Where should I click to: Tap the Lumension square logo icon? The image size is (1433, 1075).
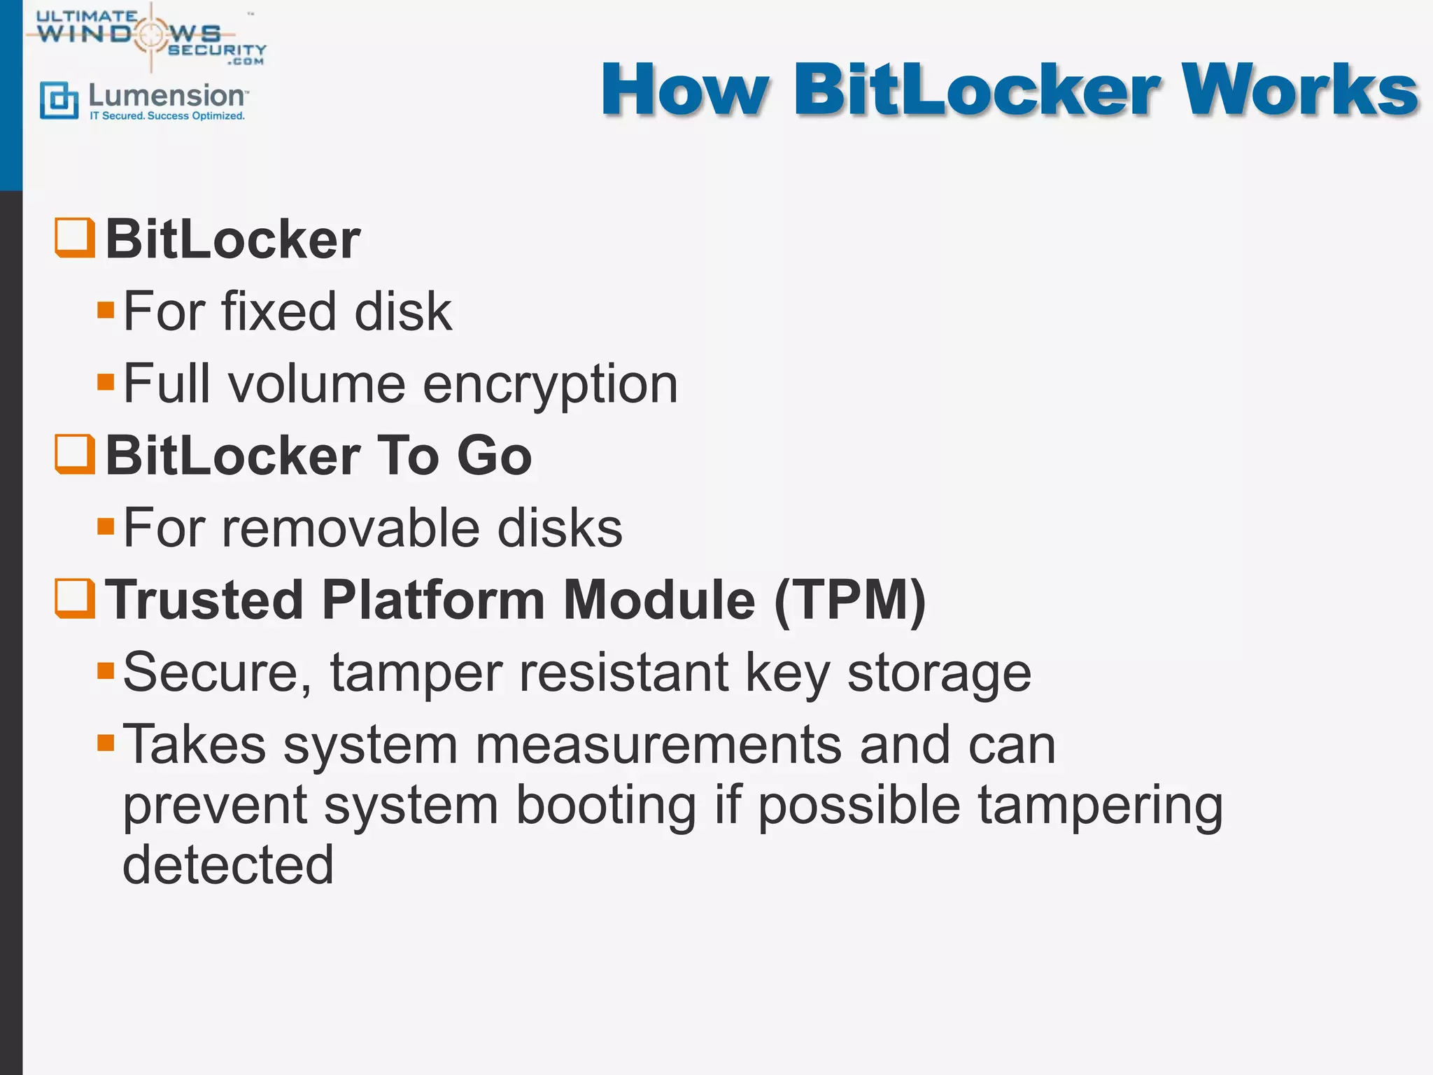pyautogui.click(x=59, y=100)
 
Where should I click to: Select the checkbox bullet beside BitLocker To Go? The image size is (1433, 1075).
pyautogui.click(x=75, y=454)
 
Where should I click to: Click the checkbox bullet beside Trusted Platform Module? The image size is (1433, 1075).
pyautogui.click(x=75, y=598)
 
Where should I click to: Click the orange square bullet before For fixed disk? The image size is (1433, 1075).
pyautogui.click(x=106, y=310)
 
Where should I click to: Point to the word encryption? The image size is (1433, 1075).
pyautogui.click(x=550, y=385)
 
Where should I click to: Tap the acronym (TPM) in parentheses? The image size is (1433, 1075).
pyautogui.click(x=849, y=600)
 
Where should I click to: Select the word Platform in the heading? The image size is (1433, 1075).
pyautogui.click(x=433, y=600)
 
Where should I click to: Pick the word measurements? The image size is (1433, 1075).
pyautogui.click(x=658, y=745)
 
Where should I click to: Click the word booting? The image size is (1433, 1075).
pyautogui.click(x=606, y=805)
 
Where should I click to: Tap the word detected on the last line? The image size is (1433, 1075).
pyautogui.click(x=228, y=865)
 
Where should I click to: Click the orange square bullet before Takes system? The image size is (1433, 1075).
pyautogui.click(x=106, y=743)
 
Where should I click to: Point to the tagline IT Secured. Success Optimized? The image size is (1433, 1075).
pyautogui.click(x=167, y=116)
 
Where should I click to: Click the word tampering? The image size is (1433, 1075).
pyautogui.click(x=1100, y=805)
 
